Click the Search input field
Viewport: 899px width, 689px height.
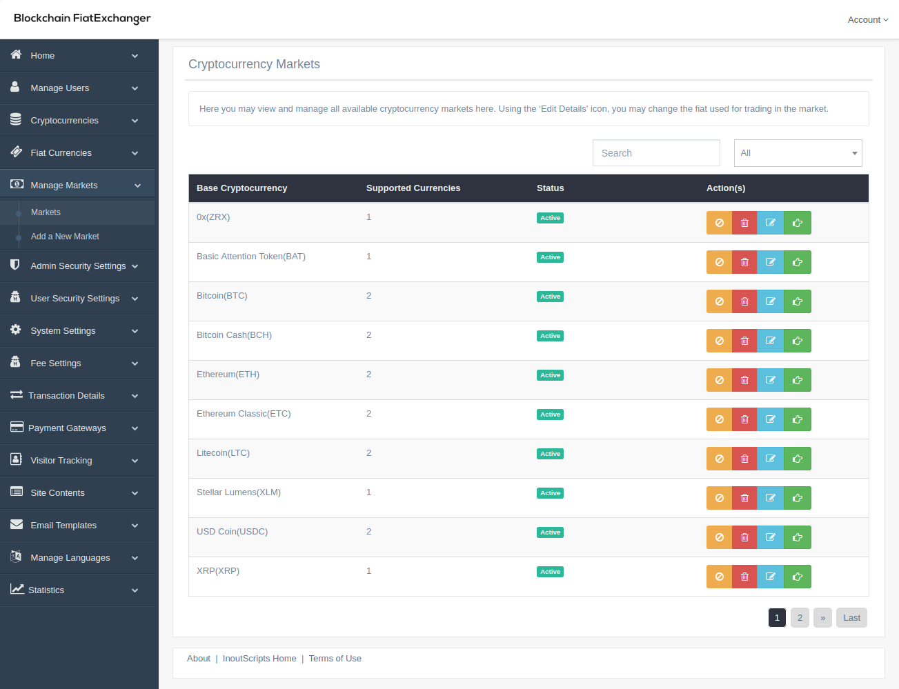[655, 153]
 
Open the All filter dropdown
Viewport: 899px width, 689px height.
[798, 153]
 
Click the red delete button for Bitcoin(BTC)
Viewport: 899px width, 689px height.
[744, 301]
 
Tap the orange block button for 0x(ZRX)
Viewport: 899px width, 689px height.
[719, 223]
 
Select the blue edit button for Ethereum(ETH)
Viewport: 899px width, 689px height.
[770, 380]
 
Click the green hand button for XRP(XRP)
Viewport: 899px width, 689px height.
[797, 577]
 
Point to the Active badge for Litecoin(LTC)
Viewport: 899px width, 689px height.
[550, 454]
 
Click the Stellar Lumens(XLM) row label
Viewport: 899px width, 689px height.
[239, 492]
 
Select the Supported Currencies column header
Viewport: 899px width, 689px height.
[413, 188]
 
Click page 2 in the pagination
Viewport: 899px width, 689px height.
[800, 618]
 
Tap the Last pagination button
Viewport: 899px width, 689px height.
[851, 618]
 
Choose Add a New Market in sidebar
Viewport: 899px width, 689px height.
[65, 237]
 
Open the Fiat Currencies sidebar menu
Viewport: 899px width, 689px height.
[61, 153]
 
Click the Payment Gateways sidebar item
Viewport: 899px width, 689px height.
[67, 428]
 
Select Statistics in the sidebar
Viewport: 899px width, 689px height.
[46, 590]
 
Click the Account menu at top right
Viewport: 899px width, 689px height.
[867, 20]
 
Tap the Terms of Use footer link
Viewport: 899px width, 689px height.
[335, 659]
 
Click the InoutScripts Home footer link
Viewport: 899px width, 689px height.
[259, 659]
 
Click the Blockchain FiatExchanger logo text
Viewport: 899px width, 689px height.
[82, 19]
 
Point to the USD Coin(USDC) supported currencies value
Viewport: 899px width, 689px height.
[369, 532]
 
